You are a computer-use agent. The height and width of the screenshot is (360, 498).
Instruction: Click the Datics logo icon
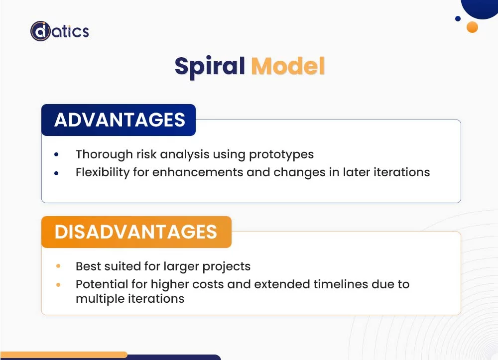(x=40, y=31)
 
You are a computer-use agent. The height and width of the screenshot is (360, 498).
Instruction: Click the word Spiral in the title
(x=210, y=66)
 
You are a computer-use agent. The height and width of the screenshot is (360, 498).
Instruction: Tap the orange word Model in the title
(x=288, y=66)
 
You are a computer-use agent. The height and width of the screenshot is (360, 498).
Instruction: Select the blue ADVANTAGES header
(x=119, y=120)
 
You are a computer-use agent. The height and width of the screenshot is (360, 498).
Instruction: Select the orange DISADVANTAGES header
(x=136, y=232)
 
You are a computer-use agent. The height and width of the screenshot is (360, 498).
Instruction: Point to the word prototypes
(x=281, y=154)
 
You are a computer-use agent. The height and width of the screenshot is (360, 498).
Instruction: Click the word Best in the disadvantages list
(x=88, y=266)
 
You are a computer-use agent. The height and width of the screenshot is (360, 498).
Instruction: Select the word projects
(x=226, y=267)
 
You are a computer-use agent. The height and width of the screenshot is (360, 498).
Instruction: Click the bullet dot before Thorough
(x=56, y=154)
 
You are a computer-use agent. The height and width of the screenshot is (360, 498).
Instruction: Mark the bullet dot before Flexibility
(x=56, y=173)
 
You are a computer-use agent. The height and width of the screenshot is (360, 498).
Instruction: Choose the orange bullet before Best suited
(x=58, y=266)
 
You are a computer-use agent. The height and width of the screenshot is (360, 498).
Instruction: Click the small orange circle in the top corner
(x=472, y=27)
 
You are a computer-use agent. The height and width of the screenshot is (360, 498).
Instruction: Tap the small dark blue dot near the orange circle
(x=458, y=19)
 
